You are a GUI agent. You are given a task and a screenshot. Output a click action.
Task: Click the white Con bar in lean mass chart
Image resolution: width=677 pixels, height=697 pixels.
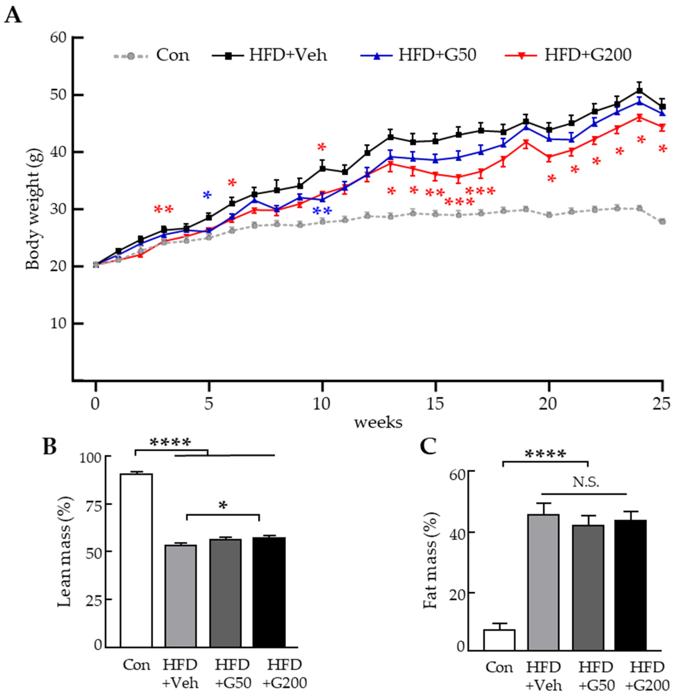tap(136, 560)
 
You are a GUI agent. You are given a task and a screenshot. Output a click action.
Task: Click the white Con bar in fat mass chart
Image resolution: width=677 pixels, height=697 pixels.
tap(499, 640)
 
